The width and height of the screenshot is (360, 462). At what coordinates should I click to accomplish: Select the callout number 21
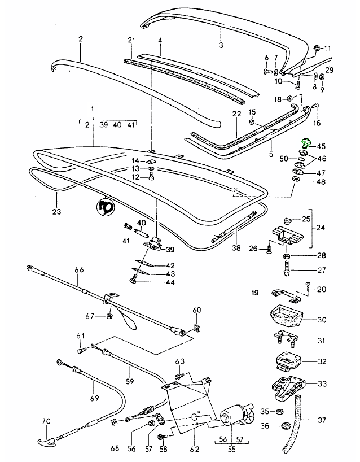(x=131, y=40)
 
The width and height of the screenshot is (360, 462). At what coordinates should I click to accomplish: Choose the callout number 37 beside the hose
(x=322, y=420)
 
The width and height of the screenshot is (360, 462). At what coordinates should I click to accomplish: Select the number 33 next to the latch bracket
(x=322, y=383)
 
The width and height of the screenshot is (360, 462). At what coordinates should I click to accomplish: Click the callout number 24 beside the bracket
(x=321, y=229)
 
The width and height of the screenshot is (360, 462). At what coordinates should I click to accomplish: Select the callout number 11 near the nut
(x=328, y=47)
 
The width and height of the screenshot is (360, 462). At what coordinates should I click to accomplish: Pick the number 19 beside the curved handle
(x=255, y=293)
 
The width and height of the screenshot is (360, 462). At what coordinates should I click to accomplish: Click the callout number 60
(x=197, y=310)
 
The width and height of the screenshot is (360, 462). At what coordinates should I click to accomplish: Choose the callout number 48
(x=321, y=182)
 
